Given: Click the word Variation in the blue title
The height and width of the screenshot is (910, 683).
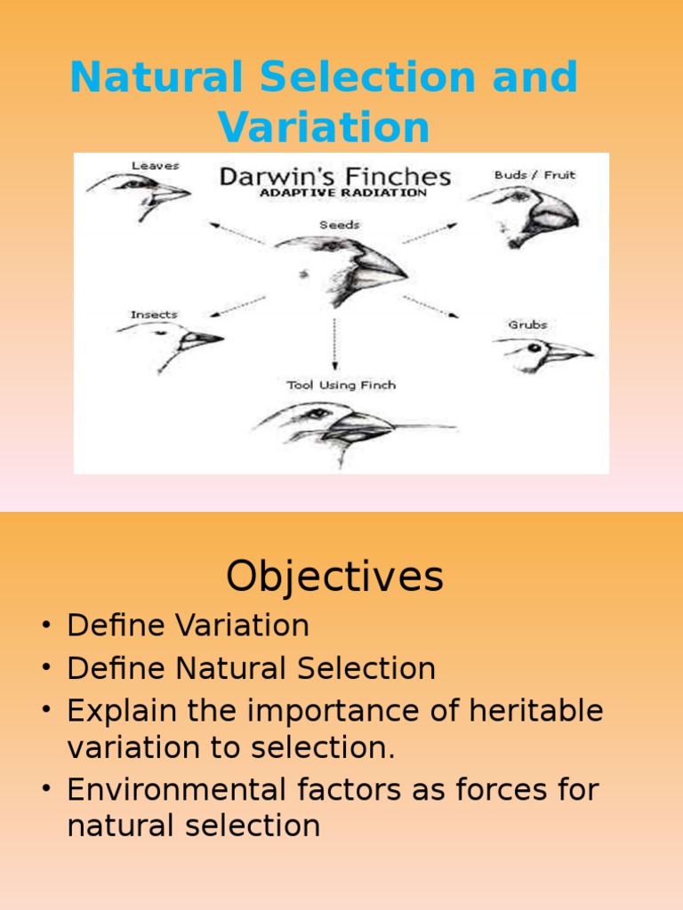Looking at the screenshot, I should click(324, 127).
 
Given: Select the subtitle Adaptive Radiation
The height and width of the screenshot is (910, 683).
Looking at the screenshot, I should click(342, 193).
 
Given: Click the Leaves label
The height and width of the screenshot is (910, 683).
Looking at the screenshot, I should click(155, 165).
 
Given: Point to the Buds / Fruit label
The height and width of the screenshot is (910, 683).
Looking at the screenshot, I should click(534, 175).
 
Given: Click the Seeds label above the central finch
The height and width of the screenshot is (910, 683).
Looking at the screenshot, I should click(340, 225).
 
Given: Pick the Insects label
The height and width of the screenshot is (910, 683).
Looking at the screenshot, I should click(154, 315).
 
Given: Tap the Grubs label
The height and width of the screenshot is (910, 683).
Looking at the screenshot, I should click(527, 324).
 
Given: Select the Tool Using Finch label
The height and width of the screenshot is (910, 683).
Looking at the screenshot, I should click(341, 385).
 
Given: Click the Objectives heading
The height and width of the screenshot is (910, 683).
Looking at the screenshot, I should click(334, 577).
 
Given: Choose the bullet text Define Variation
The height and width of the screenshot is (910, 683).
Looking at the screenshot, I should click(188, 626).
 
